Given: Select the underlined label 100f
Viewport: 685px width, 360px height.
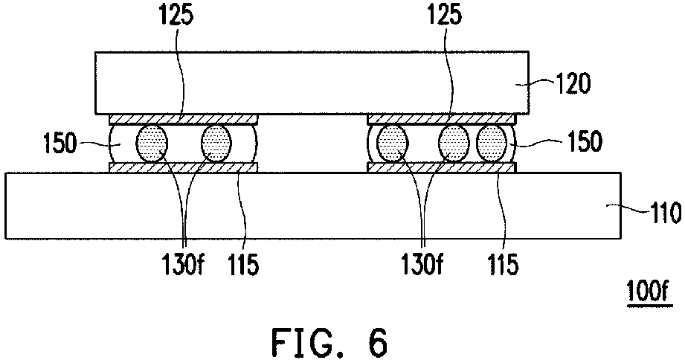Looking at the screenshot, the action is click(649, 291).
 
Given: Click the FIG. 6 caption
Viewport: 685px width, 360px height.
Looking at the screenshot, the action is click(329, 343).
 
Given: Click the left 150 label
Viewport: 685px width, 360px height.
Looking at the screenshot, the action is click(60, 143).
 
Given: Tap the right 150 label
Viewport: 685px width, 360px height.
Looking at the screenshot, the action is click(585, 141).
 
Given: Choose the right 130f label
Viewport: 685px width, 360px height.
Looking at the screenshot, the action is click(422, 264).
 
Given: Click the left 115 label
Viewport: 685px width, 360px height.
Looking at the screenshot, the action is click(242, 264).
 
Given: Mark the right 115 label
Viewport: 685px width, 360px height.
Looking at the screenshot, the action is click(502, 264).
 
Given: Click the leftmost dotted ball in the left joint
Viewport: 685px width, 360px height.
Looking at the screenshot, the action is click(152, 143).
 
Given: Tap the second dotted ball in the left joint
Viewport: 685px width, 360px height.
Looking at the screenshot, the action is click(216, 143).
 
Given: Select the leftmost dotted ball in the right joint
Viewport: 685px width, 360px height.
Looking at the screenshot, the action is click(392, 143).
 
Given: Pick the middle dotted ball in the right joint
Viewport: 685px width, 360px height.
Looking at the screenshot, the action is click(454, 143).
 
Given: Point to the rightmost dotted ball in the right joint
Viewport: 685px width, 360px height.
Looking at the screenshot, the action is click(492, 143).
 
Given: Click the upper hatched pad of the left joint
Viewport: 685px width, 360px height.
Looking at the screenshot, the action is click(184, 119).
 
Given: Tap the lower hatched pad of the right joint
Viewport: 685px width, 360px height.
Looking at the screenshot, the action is click(442, 167).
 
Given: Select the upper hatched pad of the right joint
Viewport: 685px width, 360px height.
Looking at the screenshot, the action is click(442, 119).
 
